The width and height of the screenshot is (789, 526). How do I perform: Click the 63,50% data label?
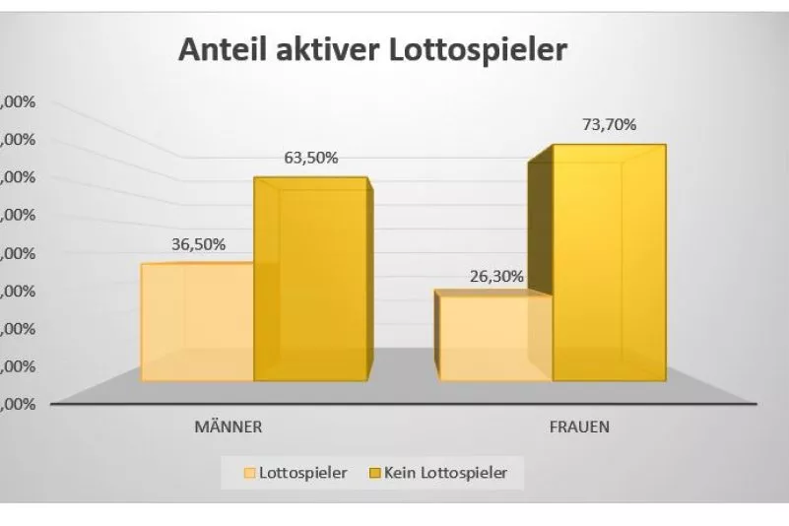tap(312, 158)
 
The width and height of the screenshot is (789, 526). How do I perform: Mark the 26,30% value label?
tap(496, 277)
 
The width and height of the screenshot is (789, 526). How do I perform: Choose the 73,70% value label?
tap(610, 124)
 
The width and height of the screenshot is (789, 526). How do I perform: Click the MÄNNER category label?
tap(227, 427)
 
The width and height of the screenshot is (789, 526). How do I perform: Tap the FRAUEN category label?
tap(579, 427)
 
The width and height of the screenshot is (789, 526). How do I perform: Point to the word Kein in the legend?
tap(404, 473)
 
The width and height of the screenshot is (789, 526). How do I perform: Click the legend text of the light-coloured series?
tap(302, 473)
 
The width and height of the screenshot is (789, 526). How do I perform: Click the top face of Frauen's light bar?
tap(493, 294)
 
